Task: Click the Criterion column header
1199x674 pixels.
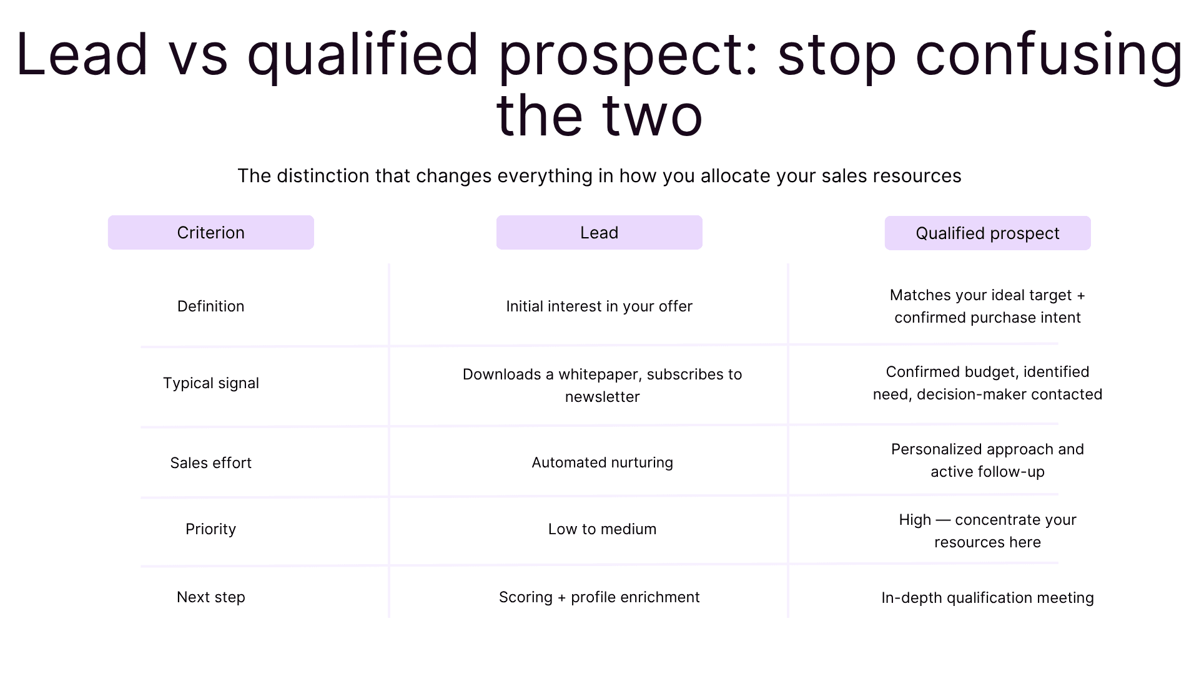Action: [x=210, y=233]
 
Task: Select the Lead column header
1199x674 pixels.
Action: [x=599, y=233]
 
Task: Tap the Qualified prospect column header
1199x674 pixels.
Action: [x=987, y=233]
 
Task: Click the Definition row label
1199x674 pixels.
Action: [x=210, y=306]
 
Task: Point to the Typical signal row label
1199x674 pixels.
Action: [x=210, y=383]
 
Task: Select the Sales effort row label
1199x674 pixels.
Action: [x=210, y=463]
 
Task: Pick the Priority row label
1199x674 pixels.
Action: [x=210, y=529]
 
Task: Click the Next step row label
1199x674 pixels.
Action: [x=210, y=597]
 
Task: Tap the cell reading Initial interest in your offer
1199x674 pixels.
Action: [x=599, y=306]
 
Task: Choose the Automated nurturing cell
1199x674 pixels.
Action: [x=602, y=462]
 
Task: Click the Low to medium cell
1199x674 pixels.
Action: [x=602, y=529]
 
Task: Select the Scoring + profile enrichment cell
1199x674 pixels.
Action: [x=599, y=597]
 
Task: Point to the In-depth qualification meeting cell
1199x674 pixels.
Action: [x=987, y=598]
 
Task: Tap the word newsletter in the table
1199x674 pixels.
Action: [x=602, y=397]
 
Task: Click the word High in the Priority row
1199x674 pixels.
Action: [x=915, y=520]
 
